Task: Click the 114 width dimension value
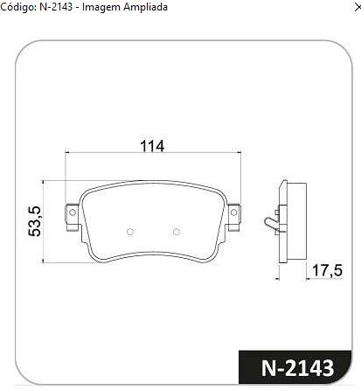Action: tap(152, 146)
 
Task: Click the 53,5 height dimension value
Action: tap(35, 221)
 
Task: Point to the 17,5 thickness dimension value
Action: tap(328, 270)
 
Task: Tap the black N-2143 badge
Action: tap(295, 367)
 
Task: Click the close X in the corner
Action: tap(358, 8)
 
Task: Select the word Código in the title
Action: tap(17, 7)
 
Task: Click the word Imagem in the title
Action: tap(101, 7)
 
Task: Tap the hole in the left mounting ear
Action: tap(73, 212)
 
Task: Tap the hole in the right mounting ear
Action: tap(233, 212)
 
